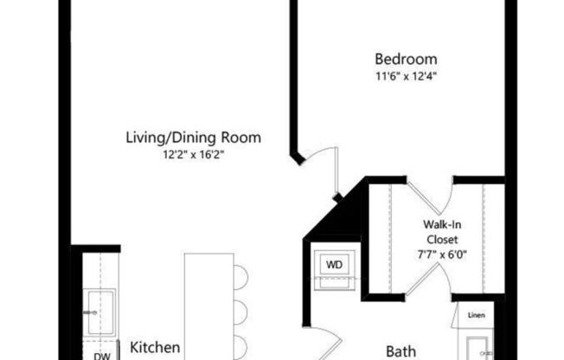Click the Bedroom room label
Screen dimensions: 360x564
point(405,60)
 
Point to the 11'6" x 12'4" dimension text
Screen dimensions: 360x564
point(405,76)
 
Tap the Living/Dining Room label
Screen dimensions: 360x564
point(194,138)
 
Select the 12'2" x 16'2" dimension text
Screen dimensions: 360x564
point(194,155)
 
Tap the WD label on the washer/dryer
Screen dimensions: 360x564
point(333,262)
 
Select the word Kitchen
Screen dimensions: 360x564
point(156,347)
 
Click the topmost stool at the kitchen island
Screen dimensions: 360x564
point(240,277)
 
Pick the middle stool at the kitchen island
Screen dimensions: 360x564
point(240,310)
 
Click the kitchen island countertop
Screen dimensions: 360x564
point(208,303)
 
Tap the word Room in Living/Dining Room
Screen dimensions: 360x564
point(245,138)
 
